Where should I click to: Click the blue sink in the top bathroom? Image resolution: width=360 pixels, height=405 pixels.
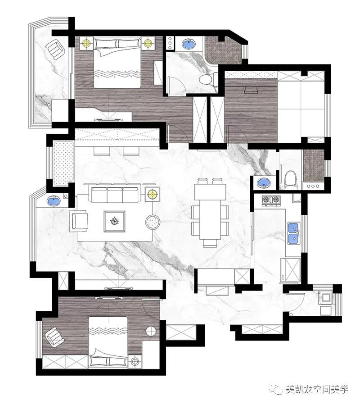(x=189, y=44)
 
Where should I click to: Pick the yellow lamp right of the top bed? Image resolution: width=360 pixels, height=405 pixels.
(x=148, y=43)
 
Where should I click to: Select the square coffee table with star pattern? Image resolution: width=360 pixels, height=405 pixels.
(x=115, y=221)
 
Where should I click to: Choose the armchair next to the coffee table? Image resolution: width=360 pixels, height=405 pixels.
(x=79, y=221)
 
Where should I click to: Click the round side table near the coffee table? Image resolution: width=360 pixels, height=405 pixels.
(x=153, y=222)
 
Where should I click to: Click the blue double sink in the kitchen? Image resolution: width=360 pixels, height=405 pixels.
(x=294, y=233)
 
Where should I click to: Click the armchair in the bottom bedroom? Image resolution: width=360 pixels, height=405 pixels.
(x=54, y=336)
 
